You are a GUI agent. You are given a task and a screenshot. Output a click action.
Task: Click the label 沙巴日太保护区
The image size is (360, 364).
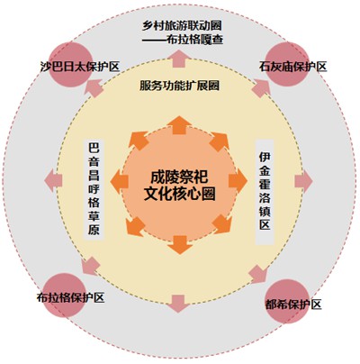pyautogui.click(x=80, y=67)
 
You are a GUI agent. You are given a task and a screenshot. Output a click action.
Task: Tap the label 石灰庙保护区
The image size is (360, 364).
pyautogui.click(x=292, y=66)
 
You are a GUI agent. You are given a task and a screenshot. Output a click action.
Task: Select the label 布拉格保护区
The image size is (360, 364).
pyautogui.click(x=71, y=297)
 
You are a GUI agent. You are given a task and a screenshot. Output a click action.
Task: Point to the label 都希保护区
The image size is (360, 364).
pyautogui.click(x=293, y=305)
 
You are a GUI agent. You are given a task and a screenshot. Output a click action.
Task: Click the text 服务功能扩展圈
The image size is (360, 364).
pyautogui.click(x=179, y=86)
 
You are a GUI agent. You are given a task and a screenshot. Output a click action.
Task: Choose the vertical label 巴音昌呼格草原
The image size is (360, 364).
pyautogui.click(x=94, y=189)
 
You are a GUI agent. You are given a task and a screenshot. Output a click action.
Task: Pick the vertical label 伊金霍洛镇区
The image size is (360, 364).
pyautogui.click(x=265, y=191)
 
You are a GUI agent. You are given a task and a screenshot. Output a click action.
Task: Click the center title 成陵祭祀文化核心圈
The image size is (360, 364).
pyautogui.click(x=179, y=186)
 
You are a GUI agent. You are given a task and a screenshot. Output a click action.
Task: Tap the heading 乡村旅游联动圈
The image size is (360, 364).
pyautogui.click(x=182, y=25)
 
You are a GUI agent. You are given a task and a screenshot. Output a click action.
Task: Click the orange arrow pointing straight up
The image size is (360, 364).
pyautogui.click(x=179, y=124)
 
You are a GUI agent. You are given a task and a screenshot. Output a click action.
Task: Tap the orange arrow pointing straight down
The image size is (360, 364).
pyautogui.click(x=180, y=245)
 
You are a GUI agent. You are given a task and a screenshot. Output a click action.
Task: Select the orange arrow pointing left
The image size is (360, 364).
pyautogui.click(x=120, y=181)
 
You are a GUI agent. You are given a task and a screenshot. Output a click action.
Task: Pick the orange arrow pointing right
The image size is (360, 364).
pyautogui.click(x=238, y=181)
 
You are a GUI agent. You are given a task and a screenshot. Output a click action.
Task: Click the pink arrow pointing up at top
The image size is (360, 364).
pyautogui.click(x=179, y=59)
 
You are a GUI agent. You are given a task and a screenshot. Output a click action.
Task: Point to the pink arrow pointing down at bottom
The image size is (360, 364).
pyautogui.click(x=178, y=304)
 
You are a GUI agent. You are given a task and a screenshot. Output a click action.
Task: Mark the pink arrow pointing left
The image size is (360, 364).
pyautogui.click(x=53, y=181)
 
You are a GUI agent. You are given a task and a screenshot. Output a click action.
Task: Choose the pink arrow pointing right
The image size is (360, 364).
pyautogui.click(x=304, y=181)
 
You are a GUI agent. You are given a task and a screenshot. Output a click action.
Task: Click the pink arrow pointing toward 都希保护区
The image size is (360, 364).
pyautogui.click(x=258, y=274)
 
